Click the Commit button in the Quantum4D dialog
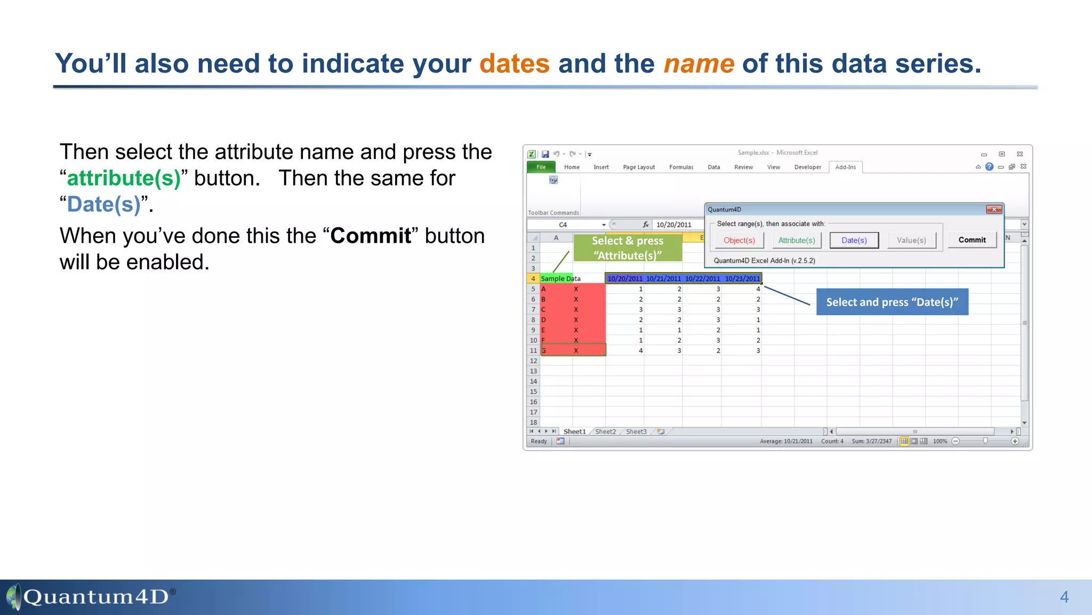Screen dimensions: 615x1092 pos(971,240)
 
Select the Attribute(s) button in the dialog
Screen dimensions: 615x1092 pos(797,241)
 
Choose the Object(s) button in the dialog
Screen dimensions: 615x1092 pos(739,241)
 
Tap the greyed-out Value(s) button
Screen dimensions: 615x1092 pos(911,241)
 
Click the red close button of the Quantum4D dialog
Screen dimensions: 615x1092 pos(994,210)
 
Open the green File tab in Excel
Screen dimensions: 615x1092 pos(541,167)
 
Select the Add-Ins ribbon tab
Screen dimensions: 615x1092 pos(845,167)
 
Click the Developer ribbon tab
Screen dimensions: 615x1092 pos(807,167)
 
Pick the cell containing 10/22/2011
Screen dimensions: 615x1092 pos(702,278)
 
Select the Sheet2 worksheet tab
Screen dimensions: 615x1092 pos(605,432)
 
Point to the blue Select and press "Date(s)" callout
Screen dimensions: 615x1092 pos(892,302)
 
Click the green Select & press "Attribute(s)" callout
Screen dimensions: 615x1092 pos(628,248)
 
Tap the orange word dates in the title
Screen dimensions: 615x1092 pos(514,63)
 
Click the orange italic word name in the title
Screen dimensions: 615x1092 pos(698,63)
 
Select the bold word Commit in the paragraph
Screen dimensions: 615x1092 pos(371,236)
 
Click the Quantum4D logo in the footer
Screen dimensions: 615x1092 pos(91,596)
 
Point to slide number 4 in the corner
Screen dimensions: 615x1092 pos(1064,597)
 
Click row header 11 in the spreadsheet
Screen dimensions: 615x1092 pos(533,350)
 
